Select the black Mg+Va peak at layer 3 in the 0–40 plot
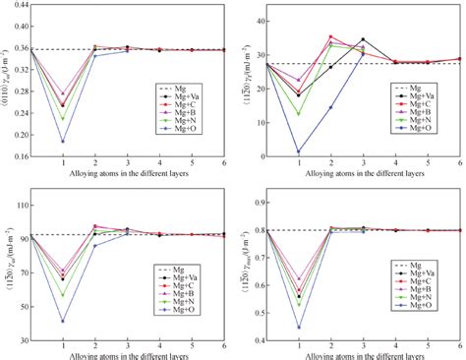364,40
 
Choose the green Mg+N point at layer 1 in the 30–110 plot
63,295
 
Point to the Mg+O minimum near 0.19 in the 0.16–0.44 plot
63,141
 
